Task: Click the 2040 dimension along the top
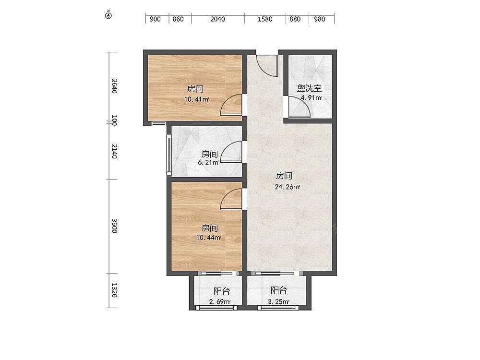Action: (x=217, y=19)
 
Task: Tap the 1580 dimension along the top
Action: (x=265, y=19)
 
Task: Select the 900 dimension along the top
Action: (x=155, y=19)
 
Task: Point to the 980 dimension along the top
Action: (x=319, y=19)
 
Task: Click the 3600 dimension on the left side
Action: (x=114, y=226)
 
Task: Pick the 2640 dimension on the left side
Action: (x=114, y=86)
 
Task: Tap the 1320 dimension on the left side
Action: (x=114, y=290)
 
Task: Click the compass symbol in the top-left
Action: (x=108, y=15)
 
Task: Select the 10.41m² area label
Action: (x=196, y=99)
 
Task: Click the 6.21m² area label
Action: (x=209, y=163)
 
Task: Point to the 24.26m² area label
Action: (x=287, y=187)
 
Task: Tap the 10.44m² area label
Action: (x=209, y=237)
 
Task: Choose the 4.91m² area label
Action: (x=311, y=98)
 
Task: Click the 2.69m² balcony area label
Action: (x=220, y=302)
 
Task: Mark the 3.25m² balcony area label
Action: (x=278, y=302)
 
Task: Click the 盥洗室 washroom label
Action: (x=309, y=88)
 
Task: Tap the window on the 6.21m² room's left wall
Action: (x=168, y=155)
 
